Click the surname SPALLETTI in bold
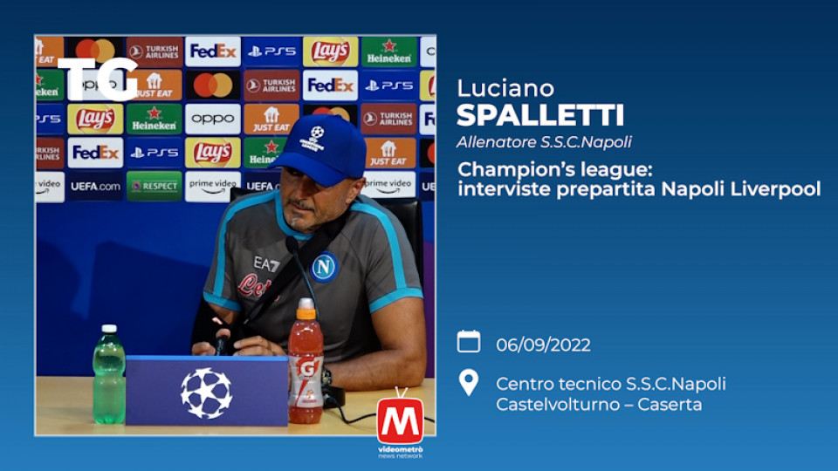tap(539, 115)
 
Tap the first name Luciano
tap(505, 88)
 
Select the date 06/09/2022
tap(543, 345)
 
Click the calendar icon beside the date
tap(469, 342)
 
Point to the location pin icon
tap(469, 382)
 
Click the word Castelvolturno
tap(555, 404)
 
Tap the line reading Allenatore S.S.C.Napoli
tap(544, 142)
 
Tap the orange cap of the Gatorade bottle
tap(306, 309)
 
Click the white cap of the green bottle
tap(109, 329)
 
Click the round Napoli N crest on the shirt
tap(324, 267)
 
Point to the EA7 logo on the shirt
tap(266, 263)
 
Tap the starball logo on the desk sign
tap(206, 393)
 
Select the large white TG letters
tap(98, 79)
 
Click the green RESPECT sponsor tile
tap(155, 186)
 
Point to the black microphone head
tap(292, 245)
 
